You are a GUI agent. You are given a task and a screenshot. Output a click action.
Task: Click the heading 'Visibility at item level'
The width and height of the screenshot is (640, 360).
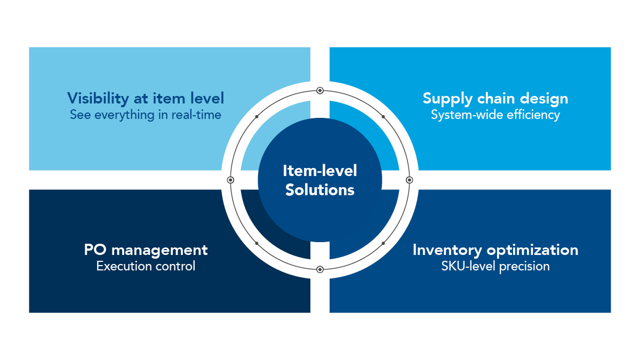[x=146, y=98]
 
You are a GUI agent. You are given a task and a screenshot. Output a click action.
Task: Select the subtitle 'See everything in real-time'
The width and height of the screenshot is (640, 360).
[x=146, y=115]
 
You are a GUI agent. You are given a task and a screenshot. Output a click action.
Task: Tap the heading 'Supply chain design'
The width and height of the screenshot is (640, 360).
[x=495, y=98]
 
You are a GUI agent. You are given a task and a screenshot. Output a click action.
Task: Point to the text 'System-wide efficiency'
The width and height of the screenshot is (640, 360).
[x=495, y=115]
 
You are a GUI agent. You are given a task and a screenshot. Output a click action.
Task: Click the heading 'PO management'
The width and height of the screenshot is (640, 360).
[x=146, y=250]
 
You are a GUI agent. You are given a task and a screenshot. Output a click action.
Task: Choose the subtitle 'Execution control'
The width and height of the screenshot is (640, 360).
[x=146, y=266]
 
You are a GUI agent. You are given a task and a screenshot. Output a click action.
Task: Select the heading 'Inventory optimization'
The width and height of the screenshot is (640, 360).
[x=495, y=250]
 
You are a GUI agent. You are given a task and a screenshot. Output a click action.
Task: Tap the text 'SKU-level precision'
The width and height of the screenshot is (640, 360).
[x=495, y=266]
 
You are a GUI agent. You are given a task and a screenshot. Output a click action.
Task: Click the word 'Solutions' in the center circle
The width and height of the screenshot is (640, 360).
[x=320, y=189]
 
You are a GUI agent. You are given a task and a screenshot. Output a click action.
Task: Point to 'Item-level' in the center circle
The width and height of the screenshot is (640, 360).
[x=320, y=171]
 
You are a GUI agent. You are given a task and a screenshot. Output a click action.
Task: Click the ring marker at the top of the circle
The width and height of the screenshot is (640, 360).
[x=320, y=91]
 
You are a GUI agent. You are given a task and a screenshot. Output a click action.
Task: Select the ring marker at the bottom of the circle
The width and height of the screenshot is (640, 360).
[x=320, y=269]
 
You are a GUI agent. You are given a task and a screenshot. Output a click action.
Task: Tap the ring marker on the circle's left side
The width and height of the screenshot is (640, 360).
[x=230, y=180]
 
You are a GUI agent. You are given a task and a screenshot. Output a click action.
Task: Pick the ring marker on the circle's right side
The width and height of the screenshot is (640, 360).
[x=410, y=180]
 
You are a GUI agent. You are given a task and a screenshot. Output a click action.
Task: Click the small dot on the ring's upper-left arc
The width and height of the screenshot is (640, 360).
[x=257, y=116]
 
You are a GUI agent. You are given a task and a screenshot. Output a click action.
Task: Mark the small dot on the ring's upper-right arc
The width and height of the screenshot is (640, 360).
[x=383, y=116]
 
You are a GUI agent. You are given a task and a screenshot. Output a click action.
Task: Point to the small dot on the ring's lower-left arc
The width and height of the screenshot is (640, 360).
[x=257, y=243]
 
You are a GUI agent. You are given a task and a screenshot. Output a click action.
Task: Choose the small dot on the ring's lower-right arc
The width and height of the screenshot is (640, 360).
[x=383, y=243]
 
